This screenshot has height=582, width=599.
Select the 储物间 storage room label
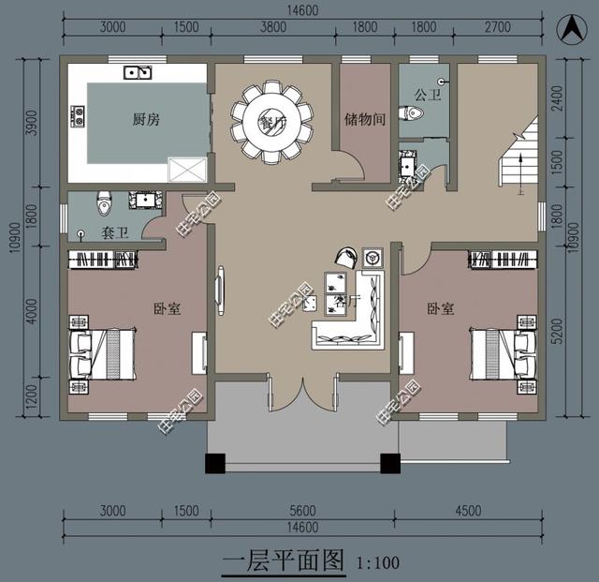363,119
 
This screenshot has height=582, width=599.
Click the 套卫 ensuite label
113,232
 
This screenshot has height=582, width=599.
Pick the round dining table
271,121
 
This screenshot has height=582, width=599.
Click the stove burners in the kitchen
77,116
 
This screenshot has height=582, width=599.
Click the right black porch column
390,462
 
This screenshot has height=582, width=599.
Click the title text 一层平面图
285,562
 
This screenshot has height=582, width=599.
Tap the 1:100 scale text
379,563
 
